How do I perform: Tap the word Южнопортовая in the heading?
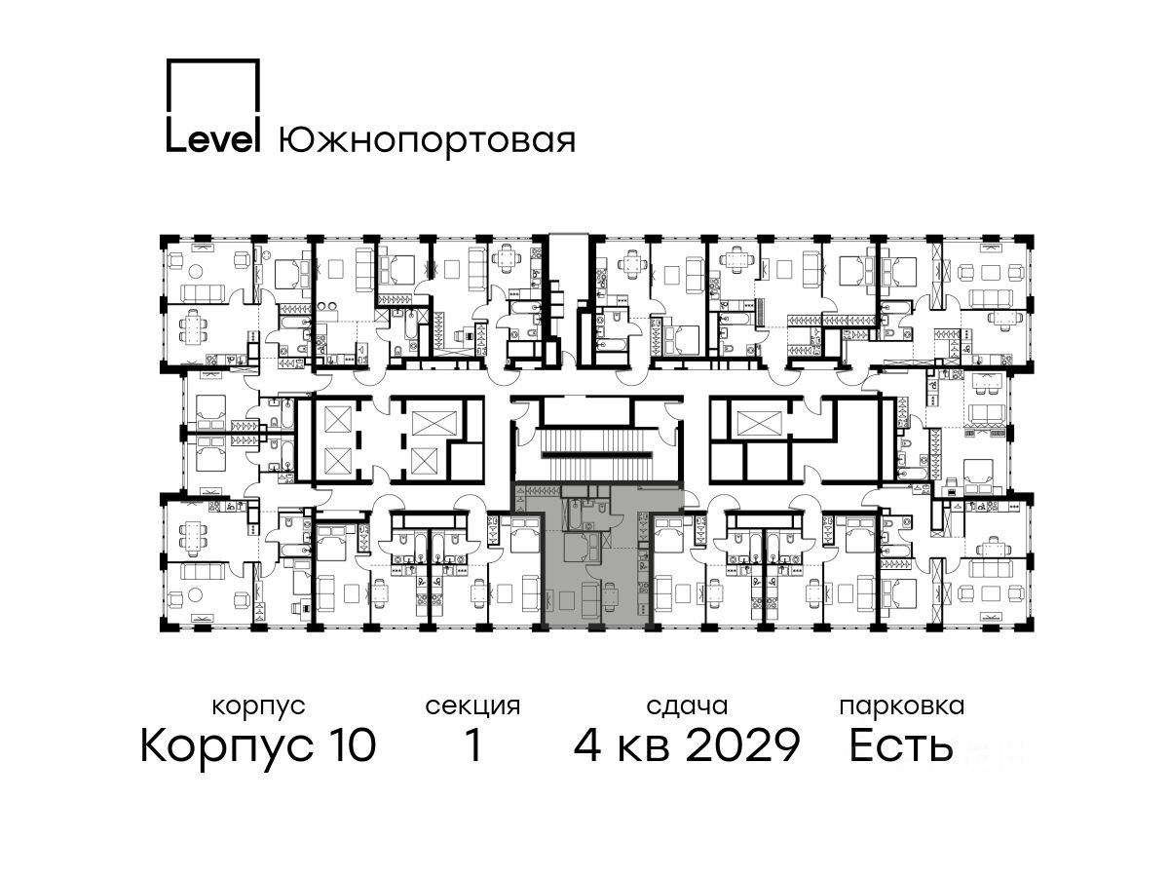click(427, 140)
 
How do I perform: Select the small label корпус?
click(258, 707)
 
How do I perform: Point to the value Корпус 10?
click(258, 745)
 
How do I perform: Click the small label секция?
click(472, 707)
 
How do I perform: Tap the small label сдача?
click(687, 707)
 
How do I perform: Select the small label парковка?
click(902, 707)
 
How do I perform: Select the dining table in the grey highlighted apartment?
click(611, 593)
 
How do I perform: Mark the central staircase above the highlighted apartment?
click(596, 453)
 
